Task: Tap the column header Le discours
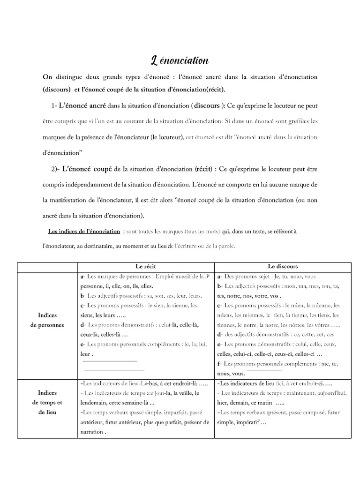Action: (283, 266)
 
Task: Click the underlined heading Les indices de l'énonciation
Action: (84, 232)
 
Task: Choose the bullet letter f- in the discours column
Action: (220, 363)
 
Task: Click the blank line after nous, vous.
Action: (264, 371)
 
